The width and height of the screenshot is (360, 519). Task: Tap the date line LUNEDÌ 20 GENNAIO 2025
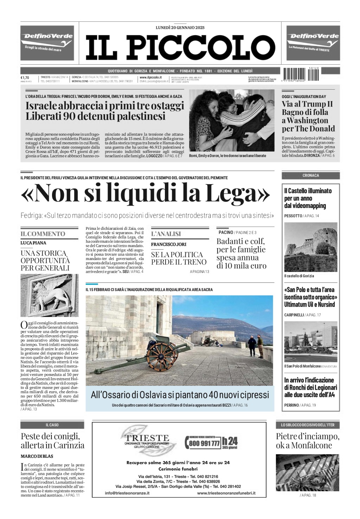click(x=180, y=27)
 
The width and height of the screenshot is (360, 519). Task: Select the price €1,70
click(x=25, y=78)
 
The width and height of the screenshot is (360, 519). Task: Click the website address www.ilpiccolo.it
click(x=150, y=77)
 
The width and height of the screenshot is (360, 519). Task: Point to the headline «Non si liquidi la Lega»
click(x=146, y=194)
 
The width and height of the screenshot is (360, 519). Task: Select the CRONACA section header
click(x=310, y=175)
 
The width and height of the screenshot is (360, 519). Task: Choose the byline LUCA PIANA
click(x=33, y=243)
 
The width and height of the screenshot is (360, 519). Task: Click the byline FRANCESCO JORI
click(x=169, y=244)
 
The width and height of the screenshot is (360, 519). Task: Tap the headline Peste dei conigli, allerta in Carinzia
click(x=52, y=441)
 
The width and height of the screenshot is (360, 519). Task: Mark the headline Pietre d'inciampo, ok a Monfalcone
click(x=307, y=441)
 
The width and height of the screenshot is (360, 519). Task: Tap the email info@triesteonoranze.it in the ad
click(x=127, y=493)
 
